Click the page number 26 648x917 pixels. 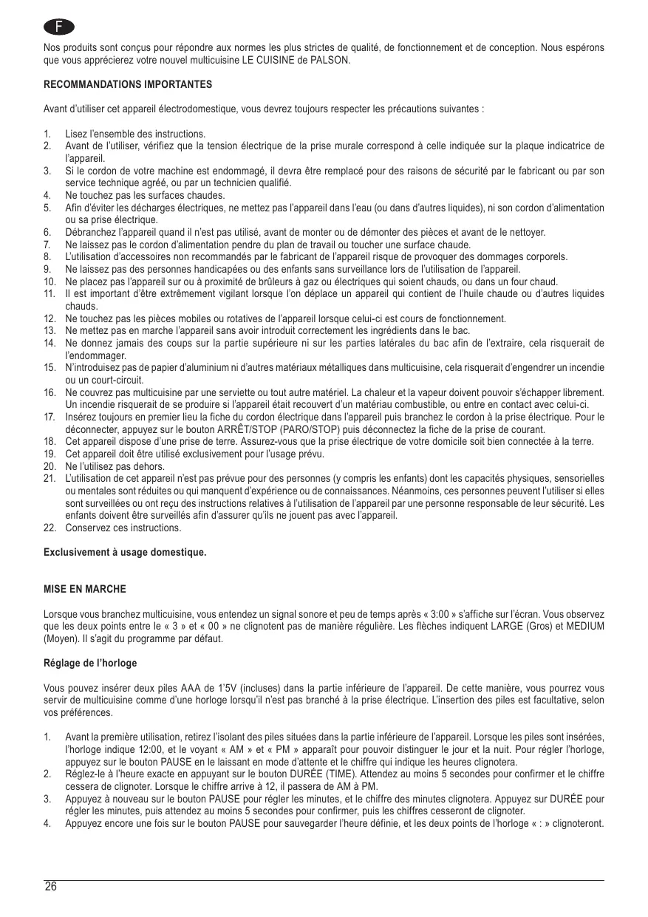coord(50,887)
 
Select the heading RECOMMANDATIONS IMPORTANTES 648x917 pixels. coord(128,85)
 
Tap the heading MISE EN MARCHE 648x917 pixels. coord(85,590)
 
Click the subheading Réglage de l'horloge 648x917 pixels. coord(90,663)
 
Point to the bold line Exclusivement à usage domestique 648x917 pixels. coord(125,553)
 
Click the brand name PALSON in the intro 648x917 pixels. coord(334,61)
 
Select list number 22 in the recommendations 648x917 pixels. coord(50,528)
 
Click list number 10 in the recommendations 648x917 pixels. coord(50,282)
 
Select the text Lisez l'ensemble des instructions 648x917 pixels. coord(135,134)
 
